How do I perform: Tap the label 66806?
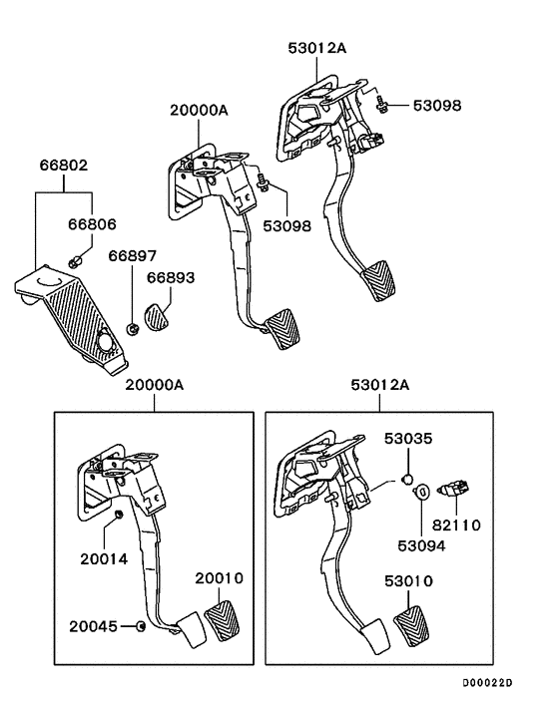pos(90,226)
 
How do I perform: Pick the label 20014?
pos(105,559)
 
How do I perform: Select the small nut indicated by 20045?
pos(142,626)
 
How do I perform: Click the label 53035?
pos(409,439)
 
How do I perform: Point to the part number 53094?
pos(423,546)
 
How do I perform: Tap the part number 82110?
pos(456,524)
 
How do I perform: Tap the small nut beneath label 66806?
pos(76,261)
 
